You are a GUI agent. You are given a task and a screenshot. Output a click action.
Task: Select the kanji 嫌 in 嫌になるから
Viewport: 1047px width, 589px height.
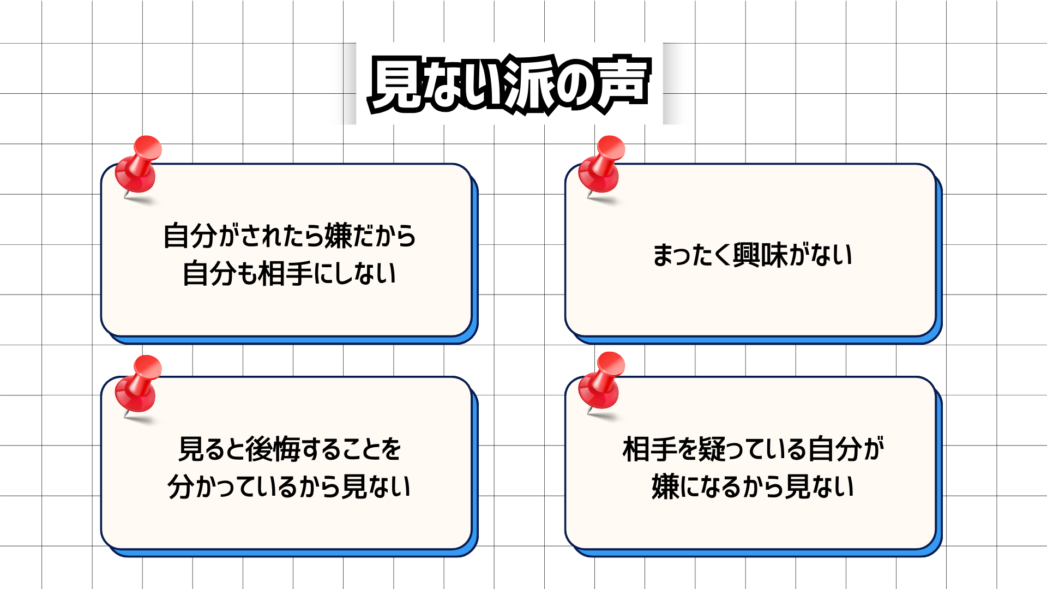665,486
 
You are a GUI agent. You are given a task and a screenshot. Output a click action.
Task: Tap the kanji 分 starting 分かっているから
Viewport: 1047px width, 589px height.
180,486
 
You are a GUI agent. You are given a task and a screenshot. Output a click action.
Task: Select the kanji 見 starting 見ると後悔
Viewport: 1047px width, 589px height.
191,449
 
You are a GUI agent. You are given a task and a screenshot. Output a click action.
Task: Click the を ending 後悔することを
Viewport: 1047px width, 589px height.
390,449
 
